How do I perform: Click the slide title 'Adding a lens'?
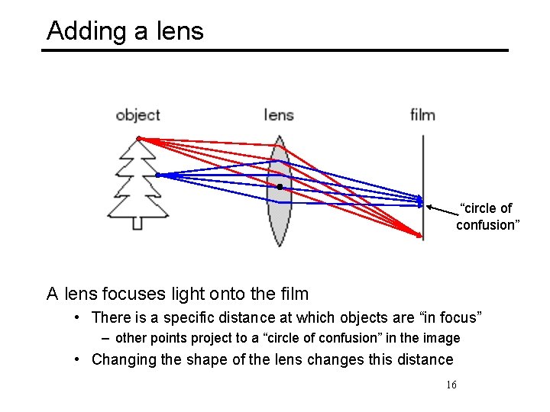(125, 31)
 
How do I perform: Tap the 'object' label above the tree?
(137, 115)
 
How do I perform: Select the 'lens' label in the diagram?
(279, 115)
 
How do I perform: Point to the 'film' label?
(422, 115)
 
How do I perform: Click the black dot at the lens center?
(280, 186)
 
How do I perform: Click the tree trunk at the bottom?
(137, 223)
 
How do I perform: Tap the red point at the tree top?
(138, 138)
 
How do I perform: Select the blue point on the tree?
(157, 175)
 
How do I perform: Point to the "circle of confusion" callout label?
(487, 216)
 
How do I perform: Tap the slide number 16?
(451, 385)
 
